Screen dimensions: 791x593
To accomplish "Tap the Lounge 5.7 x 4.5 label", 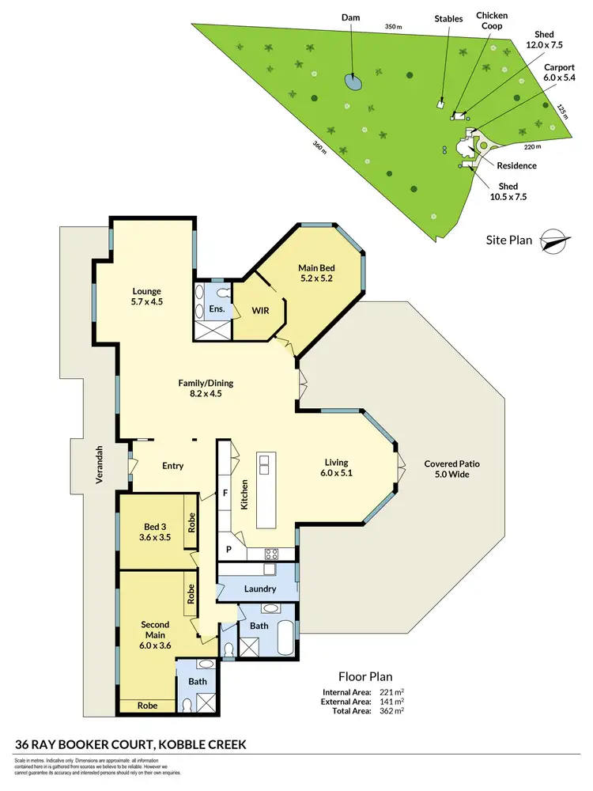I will pos(146,297).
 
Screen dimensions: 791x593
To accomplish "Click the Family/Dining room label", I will pos(205,388).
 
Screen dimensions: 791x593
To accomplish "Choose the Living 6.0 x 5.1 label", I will pos(336,468).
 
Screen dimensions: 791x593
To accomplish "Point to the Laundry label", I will pos(260,589).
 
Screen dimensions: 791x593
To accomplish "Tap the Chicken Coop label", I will pos(492,21).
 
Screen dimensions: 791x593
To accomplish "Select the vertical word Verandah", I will pos(100,464).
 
